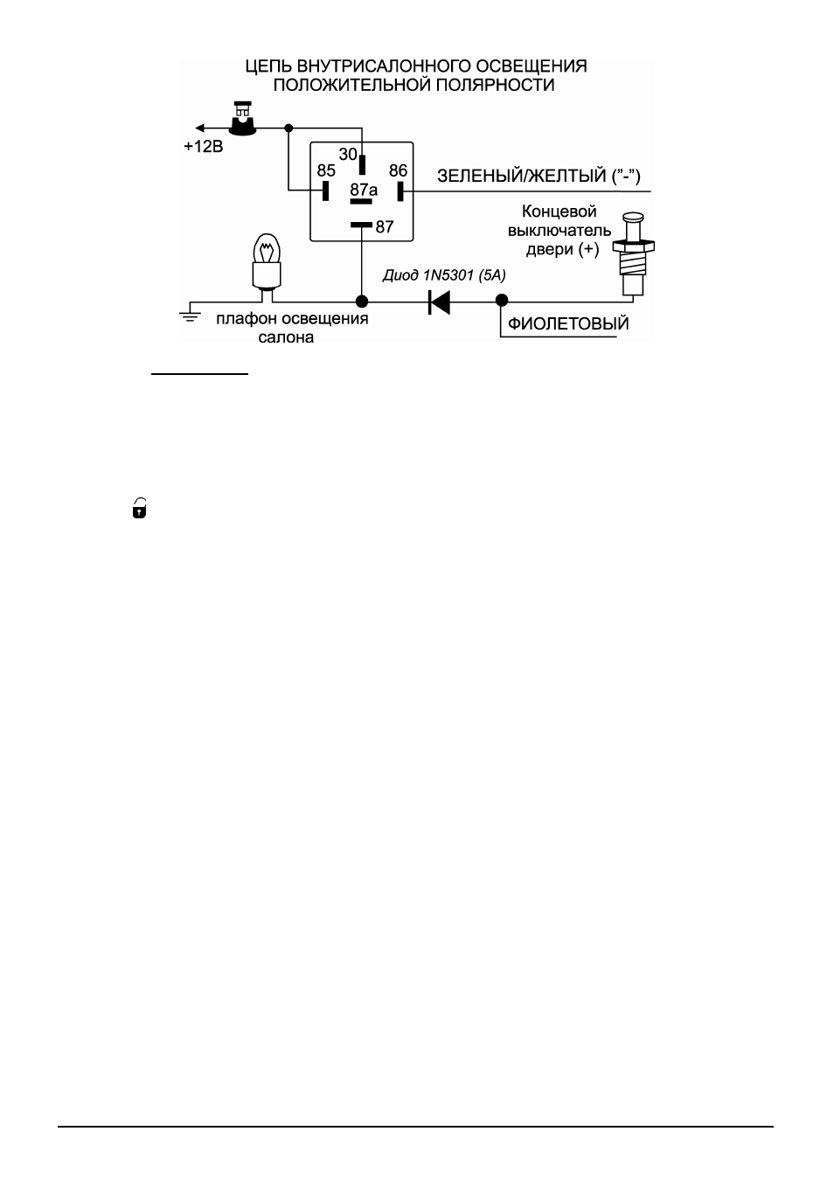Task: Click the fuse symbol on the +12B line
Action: pos(242,119)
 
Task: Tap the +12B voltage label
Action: pos(204,147)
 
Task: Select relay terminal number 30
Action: pos(348,155)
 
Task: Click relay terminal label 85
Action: pos(326,170)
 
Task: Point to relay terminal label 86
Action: pos(398,170)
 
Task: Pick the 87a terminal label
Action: pos(364,189)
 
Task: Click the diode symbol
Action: pos(439,302)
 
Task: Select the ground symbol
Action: pos(191,315)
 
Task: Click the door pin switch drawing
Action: pos(633,254)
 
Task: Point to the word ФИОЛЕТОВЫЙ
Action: pos(568,323)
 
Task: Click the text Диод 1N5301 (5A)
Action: pos(444,275)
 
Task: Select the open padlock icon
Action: pos(139,508)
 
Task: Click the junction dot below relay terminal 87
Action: pos(362,302)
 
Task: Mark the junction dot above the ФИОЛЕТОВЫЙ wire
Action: pos(502,301)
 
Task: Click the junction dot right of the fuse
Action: pos(288,128)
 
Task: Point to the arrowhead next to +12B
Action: pos(199,128)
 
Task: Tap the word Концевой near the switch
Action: pos(559,212)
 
